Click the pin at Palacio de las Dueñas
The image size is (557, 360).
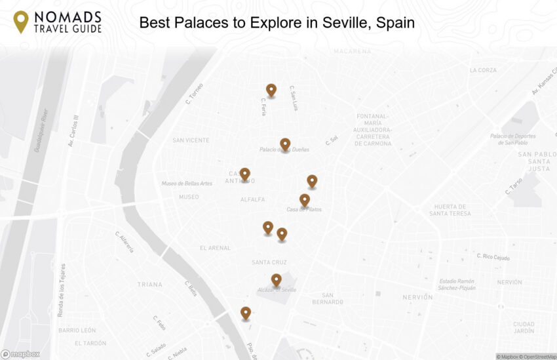[x=285, y=144]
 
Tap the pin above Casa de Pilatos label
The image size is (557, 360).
[x=305, y=200]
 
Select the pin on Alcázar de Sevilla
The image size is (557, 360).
[x=277, y=280]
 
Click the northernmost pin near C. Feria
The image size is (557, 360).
[x=271, y=90]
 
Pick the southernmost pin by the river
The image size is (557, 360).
[x=246, y=313]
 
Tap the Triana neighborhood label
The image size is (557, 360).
[x=149, y=285]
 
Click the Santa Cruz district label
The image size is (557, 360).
[x=269, y=262]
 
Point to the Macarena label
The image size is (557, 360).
[x=352, y=51]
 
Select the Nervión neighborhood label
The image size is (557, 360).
[x=417, y=297]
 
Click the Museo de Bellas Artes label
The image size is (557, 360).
[x=187, y=184]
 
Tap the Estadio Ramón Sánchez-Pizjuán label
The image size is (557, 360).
[x=457, y=284]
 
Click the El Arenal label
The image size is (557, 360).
[x=215, y=248]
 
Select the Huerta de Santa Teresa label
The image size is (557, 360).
[x=450, y=210]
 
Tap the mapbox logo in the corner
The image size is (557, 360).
[x=20, y=354]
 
